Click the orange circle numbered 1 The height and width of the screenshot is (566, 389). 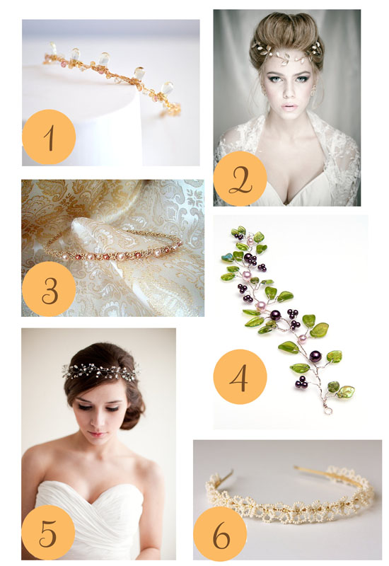(x=49, y=137)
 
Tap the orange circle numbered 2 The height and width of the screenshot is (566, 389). (x=240, y=178)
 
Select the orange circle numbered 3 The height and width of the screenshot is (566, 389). (x=49, y=289)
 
